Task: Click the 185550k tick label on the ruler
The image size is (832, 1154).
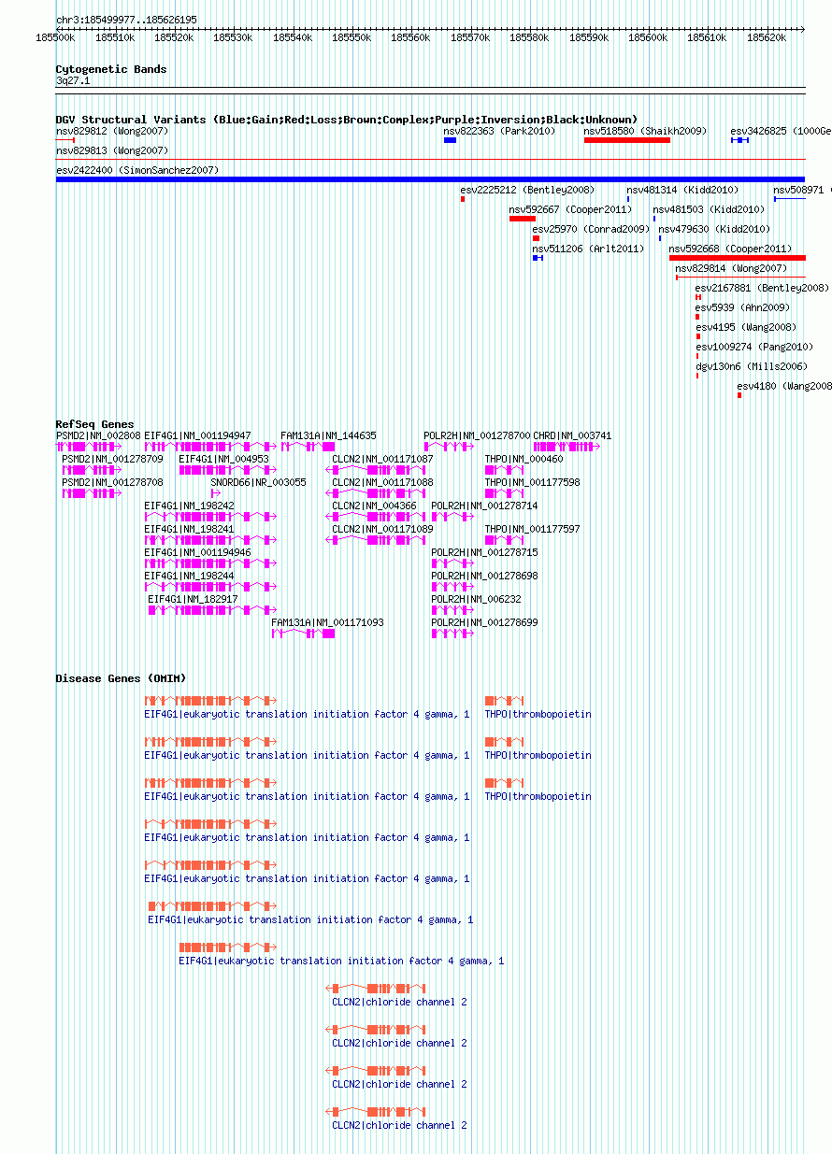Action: [x=351, y=37]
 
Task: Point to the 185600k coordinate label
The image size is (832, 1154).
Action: [x=648, y=37]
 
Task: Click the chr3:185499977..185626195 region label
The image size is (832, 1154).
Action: [x=126, y=20]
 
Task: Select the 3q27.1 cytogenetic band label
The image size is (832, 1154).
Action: [x=73, y=80]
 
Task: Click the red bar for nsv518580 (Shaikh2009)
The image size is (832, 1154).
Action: [x=627, y=140]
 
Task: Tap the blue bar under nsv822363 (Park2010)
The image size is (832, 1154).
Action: [x=450, y=140]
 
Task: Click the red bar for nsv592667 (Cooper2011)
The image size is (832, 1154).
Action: [x=523, y=219]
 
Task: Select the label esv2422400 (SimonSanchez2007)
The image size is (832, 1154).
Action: [x=137, y=170]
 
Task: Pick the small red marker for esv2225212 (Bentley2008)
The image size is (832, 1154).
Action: [x=463, y=199]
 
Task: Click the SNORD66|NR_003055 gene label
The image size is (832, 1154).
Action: [x=258, y=482]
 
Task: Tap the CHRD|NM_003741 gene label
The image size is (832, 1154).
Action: [x=572, y=435]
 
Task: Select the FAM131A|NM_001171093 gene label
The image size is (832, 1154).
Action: [x=327, y=622]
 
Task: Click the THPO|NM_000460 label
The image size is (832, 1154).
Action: [x=524, y=459]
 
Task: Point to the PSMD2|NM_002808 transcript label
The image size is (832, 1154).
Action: [x=98, y=435]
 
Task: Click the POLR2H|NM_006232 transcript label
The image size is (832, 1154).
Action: [x=476, y=599]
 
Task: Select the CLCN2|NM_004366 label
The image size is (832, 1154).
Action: [x=374, y=506]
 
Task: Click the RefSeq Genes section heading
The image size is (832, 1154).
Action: [x=94, y=424]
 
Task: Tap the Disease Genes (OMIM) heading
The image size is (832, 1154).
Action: [x=121, y=678]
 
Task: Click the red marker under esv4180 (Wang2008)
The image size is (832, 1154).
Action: [x=739, y=395]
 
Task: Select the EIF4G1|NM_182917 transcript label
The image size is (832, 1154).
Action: [x=193, y=599]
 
